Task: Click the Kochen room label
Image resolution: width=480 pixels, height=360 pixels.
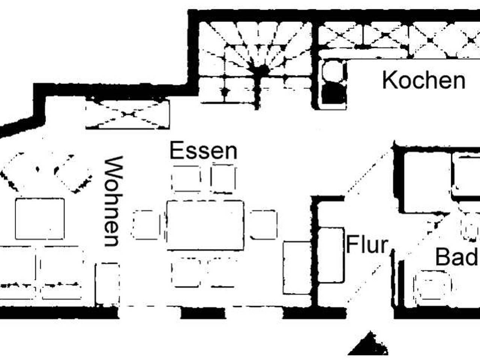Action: (x=424, y=81)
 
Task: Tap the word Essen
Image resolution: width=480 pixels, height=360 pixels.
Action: (x=203, y=151)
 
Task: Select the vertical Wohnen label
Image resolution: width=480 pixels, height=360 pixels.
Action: (x=113, y=201)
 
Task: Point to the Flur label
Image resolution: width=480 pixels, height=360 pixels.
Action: (x=367, y=244)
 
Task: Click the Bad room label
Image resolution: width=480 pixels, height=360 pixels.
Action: (x=457, y=257)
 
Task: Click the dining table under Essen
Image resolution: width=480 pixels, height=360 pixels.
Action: (x=205, y=225)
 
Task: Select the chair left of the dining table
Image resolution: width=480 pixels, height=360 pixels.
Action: (x=146, y=225)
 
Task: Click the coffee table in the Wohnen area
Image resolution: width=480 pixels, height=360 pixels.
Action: (x=40, y=219)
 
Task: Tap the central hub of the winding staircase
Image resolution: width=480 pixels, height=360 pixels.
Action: (x=259, y=70)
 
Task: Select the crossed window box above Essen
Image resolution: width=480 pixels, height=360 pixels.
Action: (x=128, y=114)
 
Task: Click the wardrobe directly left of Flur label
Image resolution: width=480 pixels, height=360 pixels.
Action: (x=330, y=255)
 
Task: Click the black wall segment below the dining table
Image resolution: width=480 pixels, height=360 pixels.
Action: (x=202, y=313)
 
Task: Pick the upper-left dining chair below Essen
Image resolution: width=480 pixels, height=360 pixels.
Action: (x=186, y=179)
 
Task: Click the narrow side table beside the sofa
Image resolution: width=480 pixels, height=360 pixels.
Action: (x=107, y=284)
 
